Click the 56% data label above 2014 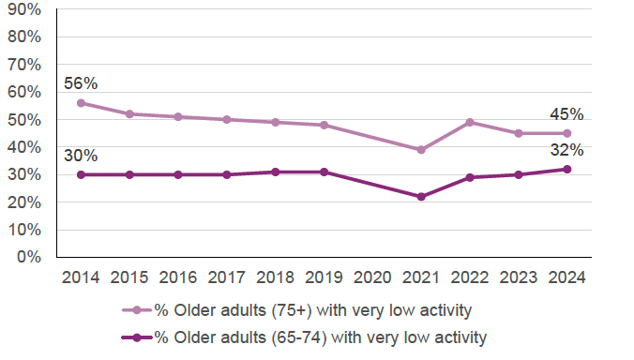(x=81, y=83)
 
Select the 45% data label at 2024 (x=566, y=115)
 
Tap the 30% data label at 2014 (x=81, y=156)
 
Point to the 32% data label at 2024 (x=566, y=150)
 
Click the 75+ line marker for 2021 (x=421, y=150)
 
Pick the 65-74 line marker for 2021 (x=421, y=197)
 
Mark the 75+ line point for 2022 (x=470, y=122)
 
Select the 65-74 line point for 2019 (x=324, y=172)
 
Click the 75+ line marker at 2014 (x=81, y=103)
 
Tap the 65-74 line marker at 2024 (x=566, y=169)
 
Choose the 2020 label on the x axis (x=372, y=277)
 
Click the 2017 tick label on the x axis (x=226, y=277)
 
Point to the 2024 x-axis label (x=566, y=277)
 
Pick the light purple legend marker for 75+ (x=137, y=311)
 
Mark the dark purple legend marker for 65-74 (x=137, y=337)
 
